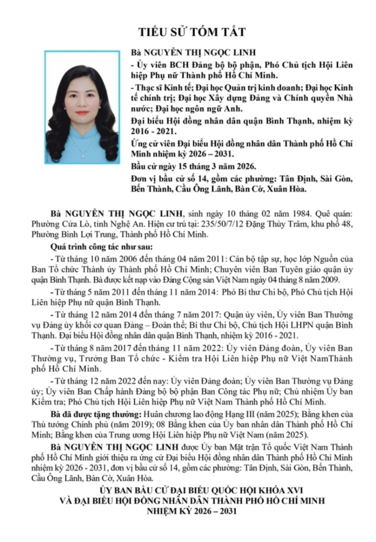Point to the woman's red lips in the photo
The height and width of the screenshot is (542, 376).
pos(83,113)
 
